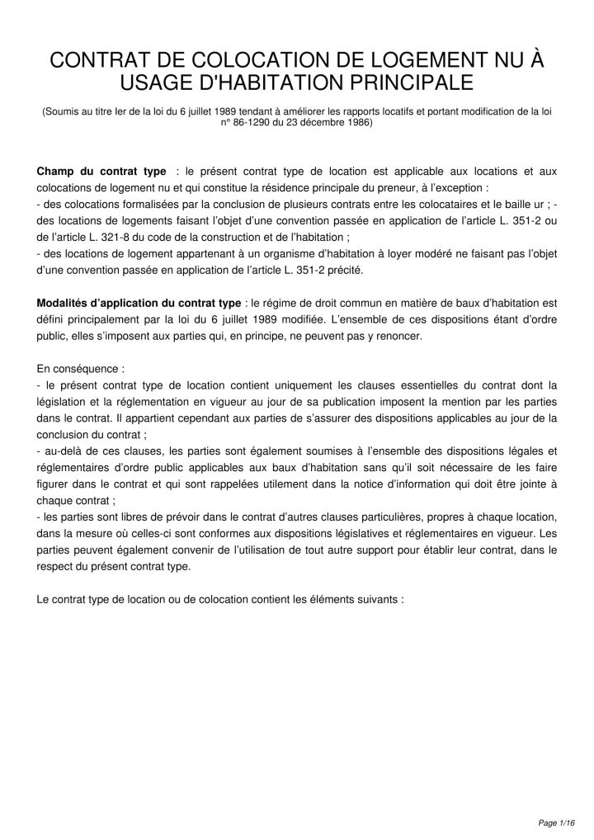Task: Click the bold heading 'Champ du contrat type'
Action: [x=100, y=171]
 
